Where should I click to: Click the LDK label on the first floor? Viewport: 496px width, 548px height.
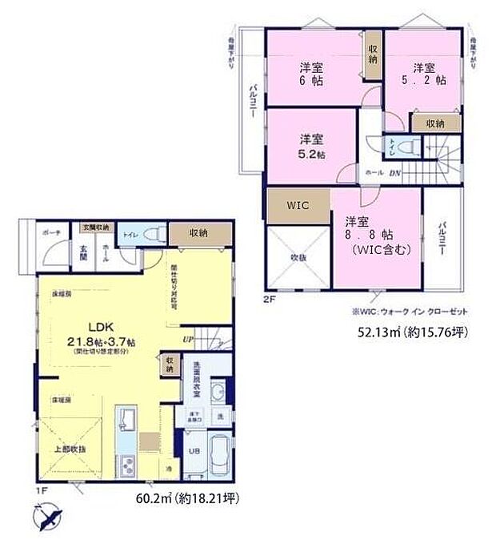click(x=100, y=327)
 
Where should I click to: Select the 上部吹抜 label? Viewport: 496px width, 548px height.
click(x=70, y=450)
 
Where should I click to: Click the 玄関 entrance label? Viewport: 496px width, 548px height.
click(x=84, y=249)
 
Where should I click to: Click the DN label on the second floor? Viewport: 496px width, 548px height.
click(x=394, y=171)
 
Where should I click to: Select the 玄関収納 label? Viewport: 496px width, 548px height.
click(x=97, y=228)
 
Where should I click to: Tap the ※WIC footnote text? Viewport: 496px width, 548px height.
click(x=408, y=311)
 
